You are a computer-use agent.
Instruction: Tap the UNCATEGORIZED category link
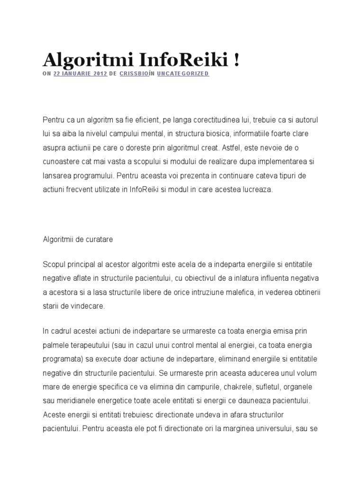click(x=182, y=74)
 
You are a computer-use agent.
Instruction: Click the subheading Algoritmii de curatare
click(x=78, y=240)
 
